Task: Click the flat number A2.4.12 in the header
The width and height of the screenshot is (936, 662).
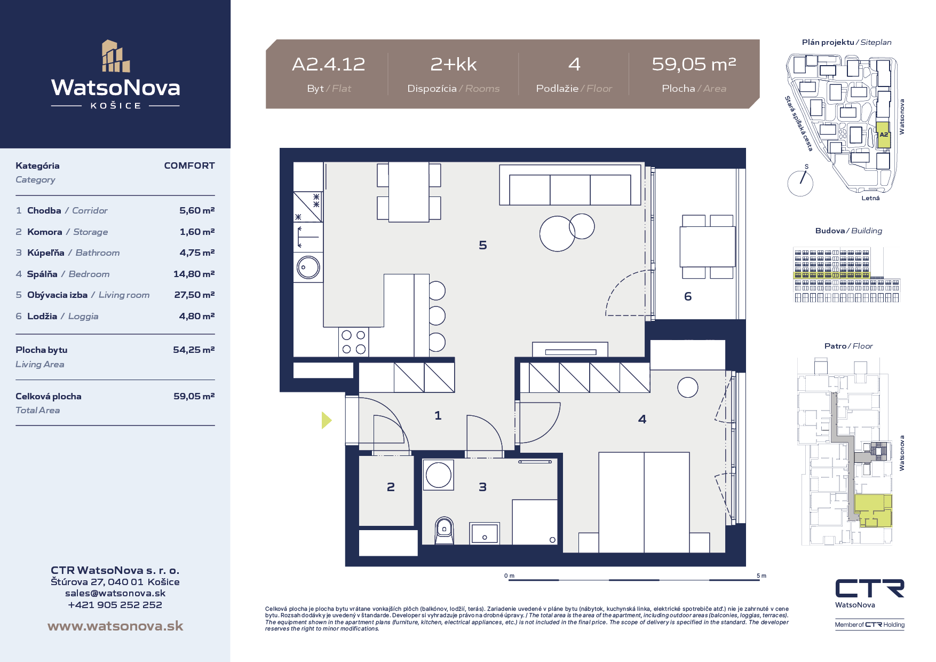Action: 329,65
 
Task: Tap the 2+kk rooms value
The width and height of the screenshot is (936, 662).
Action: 454,65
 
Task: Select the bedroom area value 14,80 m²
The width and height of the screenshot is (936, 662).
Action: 194,274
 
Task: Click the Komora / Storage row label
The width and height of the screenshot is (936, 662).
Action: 68,232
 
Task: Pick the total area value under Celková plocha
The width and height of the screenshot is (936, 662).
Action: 194,396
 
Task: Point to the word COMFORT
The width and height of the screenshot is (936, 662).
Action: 189,165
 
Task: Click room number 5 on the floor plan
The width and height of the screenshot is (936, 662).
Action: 483,245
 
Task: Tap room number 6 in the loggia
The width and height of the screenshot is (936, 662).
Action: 688,296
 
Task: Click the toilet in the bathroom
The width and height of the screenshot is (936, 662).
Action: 444,530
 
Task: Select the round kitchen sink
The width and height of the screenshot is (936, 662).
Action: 308,267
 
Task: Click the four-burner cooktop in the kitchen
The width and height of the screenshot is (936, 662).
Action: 353,342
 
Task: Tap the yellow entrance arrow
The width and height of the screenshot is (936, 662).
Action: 327,420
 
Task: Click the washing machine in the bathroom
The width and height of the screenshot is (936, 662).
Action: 439,475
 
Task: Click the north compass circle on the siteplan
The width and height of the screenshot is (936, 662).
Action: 800,184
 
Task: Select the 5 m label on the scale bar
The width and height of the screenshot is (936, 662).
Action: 762,576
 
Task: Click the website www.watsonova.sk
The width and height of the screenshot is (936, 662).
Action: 115,626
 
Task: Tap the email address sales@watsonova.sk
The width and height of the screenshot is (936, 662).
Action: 115,593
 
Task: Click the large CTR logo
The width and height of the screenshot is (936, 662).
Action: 870,588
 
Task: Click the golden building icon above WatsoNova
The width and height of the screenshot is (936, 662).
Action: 116,56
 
